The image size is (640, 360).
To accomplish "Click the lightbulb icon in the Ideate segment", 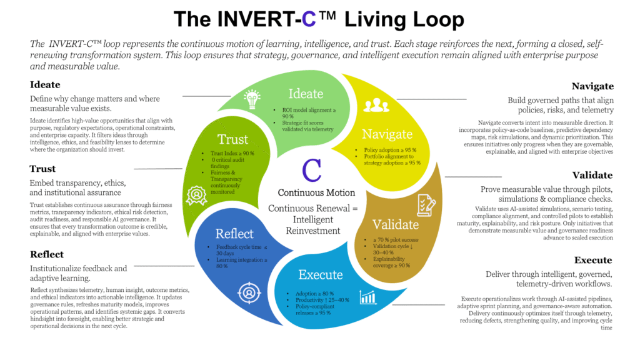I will [252, 98].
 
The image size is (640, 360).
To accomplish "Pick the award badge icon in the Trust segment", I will [198, 195].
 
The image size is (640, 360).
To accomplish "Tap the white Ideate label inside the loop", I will [306, 94].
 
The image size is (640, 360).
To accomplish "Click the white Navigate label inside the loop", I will [387, 134].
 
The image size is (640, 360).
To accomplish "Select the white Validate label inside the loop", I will [395, 224].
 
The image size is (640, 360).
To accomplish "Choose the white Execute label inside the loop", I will [320, 274].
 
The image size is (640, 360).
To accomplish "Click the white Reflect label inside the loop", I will [234, 234].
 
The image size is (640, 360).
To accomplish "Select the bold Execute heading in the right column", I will [594, 260].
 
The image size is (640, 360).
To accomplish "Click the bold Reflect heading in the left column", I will [47, 254].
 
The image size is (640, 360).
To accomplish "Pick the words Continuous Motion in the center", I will [316, 192].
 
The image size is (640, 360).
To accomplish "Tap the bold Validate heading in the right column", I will [592, 175].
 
